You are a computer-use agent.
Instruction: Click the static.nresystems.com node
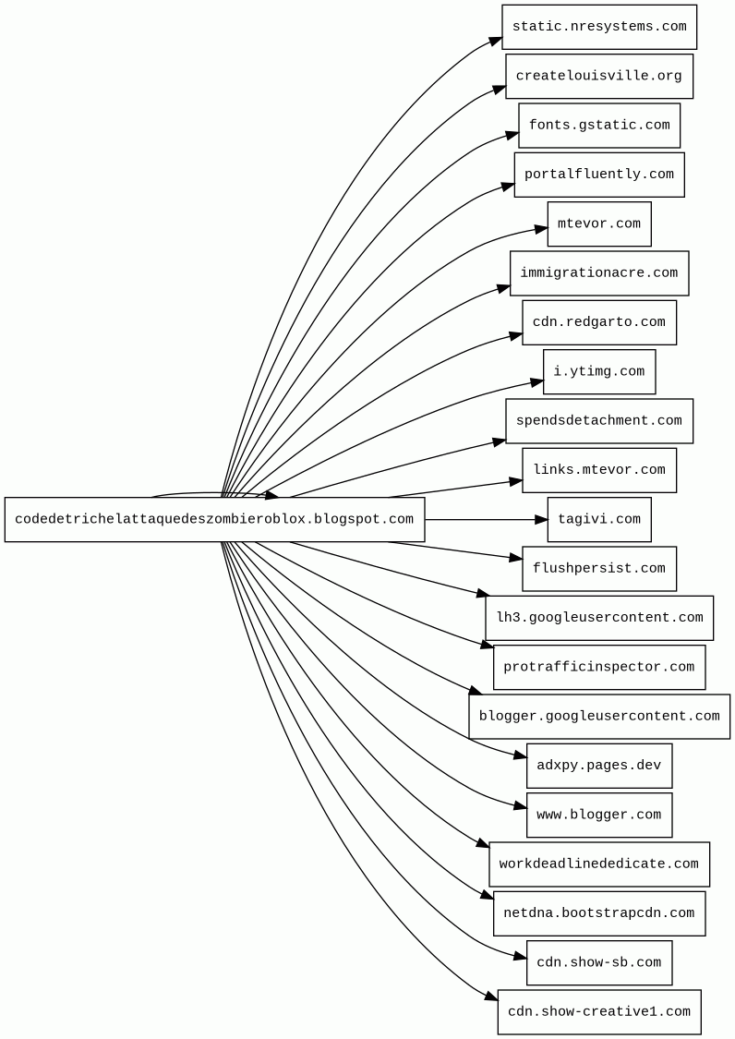click(x=599, y=27)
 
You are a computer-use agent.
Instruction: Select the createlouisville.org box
click(x=599, y=77)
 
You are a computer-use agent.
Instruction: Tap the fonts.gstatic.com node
click(x=599, y=126)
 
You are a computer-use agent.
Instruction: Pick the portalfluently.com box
click(x=599, y=175)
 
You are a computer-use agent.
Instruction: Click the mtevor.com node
click(x=599, y=224)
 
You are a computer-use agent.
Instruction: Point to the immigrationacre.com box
click(x=599, y=273)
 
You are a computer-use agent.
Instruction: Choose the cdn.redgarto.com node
click(x=599, y=322)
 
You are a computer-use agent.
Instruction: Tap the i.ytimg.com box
click(x=599, y=372)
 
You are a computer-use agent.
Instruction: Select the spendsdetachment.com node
click(x=599, y=421)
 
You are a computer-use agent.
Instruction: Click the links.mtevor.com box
click(x=599, y=470)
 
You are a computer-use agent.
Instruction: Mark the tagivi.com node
click(x=599, y=519)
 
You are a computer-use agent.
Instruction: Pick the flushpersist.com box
click(x=599, y=569)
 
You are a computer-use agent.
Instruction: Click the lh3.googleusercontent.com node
click(x=599, y=618)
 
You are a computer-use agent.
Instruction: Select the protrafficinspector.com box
click(x=599, y=667)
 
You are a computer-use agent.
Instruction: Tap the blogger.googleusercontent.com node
click(x=599, y=717)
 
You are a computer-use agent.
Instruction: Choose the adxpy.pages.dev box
click(x=599, y=766)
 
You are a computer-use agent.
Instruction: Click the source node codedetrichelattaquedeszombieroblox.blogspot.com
click(x=215, y=519)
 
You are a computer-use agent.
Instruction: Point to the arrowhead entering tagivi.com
click(x=540, y=519)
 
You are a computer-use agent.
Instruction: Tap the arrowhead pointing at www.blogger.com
click(x=520, y=806)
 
